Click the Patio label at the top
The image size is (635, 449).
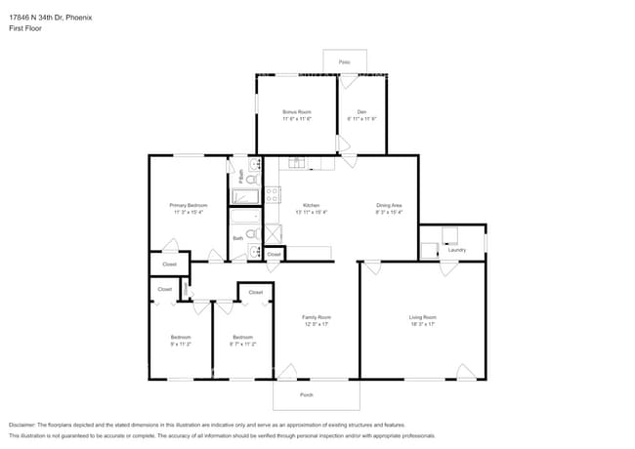point(344,61)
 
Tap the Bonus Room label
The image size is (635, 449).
point(297,112)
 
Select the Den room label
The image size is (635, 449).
point(361,112)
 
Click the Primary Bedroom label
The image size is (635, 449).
point(189,205)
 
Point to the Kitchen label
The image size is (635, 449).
point(311,205)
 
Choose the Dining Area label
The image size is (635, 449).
point(390,205)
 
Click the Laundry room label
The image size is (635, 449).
point(456,250)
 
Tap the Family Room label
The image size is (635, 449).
point(316,317)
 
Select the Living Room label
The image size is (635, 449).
point(422,317)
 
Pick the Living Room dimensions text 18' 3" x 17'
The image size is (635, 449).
point(422,324)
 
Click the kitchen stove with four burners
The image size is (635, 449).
point(273,195)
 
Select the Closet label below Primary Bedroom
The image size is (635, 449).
point(169,265)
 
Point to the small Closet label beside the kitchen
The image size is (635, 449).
point(274,254)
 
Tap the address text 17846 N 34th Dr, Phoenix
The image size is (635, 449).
point(52,16)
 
